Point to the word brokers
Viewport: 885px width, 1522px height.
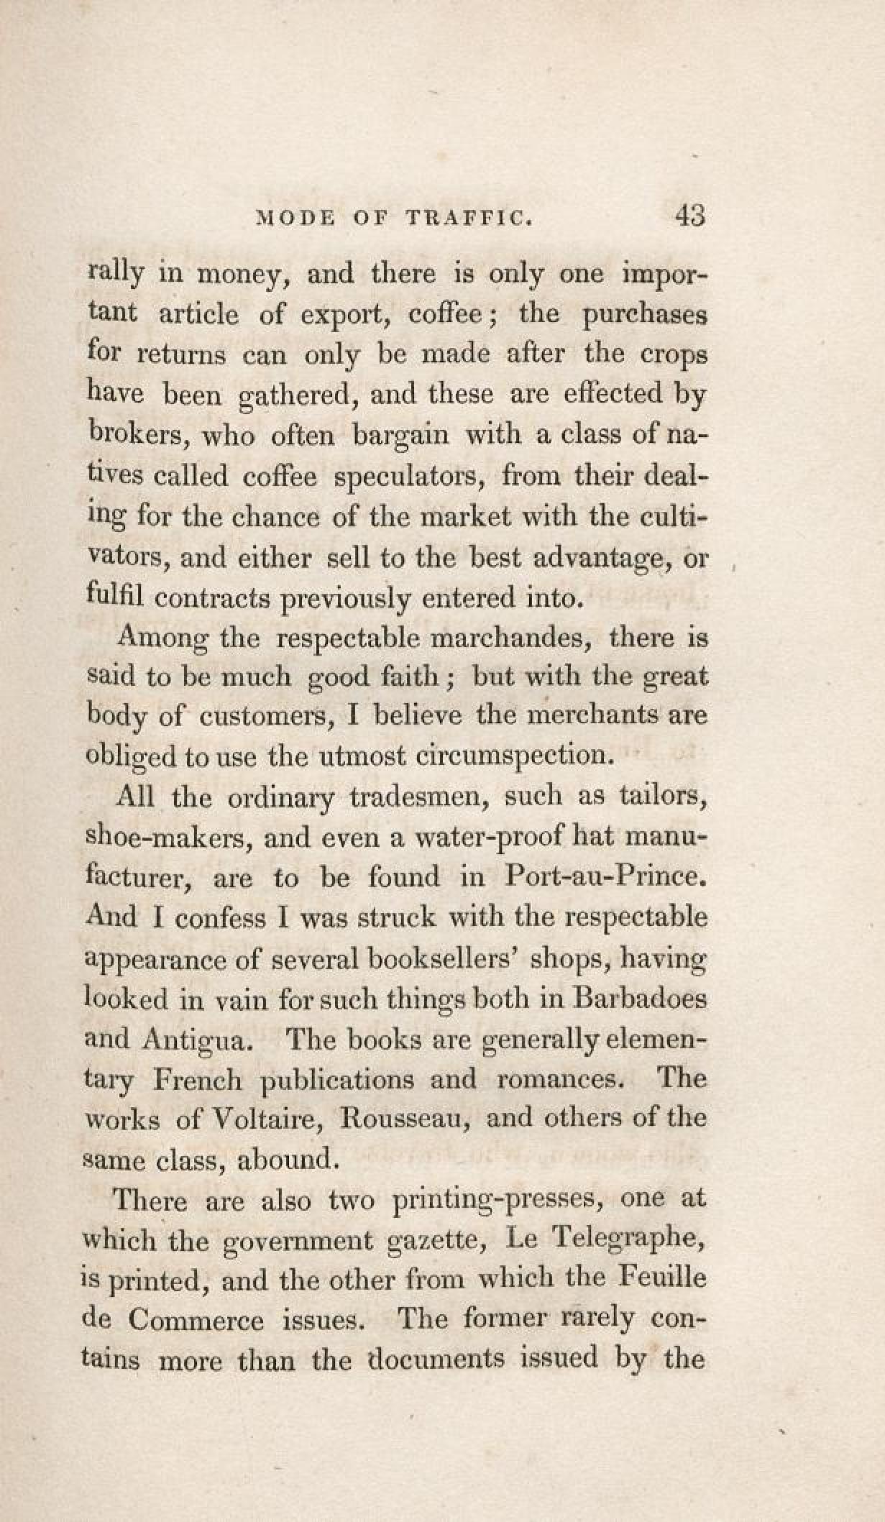tap(136, 435)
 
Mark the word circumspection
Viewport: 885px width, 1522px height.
tap(512, 755)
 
